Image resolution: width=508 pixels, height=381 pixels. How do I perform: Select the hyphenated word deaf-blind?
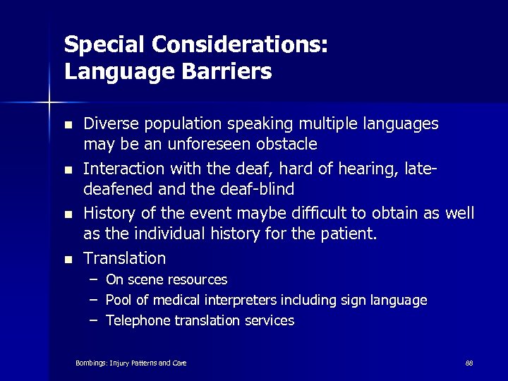260,190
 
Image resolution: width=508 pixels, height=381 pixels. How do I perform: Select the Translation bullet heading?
125,258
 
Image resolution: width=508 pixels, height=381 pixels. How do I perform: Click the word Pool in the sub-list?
118,301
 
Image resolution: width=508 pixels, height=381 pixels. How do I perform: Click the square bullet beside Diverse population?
68,125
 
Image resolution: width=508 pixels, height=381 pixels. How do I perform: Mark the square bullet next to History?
68,214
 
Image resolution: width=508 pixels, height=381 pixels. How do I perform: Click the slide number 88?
469,363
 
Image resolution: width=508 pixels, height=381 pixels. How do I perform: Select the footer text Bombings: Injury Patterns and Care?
131,363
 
